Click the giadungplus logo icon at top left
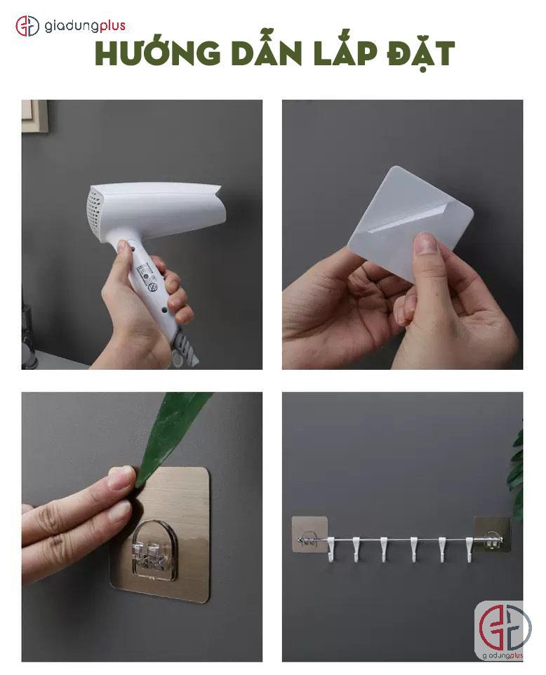[27, 26]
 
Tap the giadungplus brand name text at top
[85, 26]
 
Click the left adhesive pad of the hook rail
[309, 534]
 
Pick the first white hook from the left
[331, 549]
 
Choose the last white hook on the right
[470, 549]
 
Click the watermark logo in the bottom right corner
[502, 632]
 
